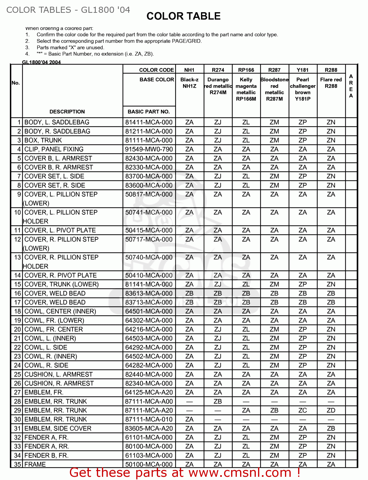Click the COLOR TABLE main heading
(x=183, y=16)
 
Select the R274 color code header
(x=218, y=70)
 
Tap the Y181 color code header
(x=303, y=70)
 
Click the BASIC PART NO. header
(x=149, y=112)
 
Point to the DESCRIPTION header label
(x=67, y=112)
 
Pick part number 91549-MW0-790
(x=149, y=149)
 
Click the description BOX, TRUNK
(x=43, y=140)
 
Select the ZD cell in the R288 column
(x=331, y=411)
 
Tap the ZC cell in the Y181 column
(x=303, y=411)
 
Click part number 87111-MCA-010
(x=149, y=420)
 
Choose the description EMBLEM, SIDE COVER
(x=58, y=428)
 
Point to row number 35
(x=17, y=464)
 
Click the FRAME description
(x=35, y=464)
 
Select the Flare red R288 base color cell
(x=331, y=83)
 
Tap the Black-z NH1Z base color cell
(x=189, y=83)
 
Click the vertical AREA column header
(x=351, y=86)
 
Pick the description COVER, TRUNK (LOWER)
(x=62, y=284)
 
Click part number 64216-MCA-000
(x=149, y=330)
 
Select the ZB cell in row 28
(x=218, y=402)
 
